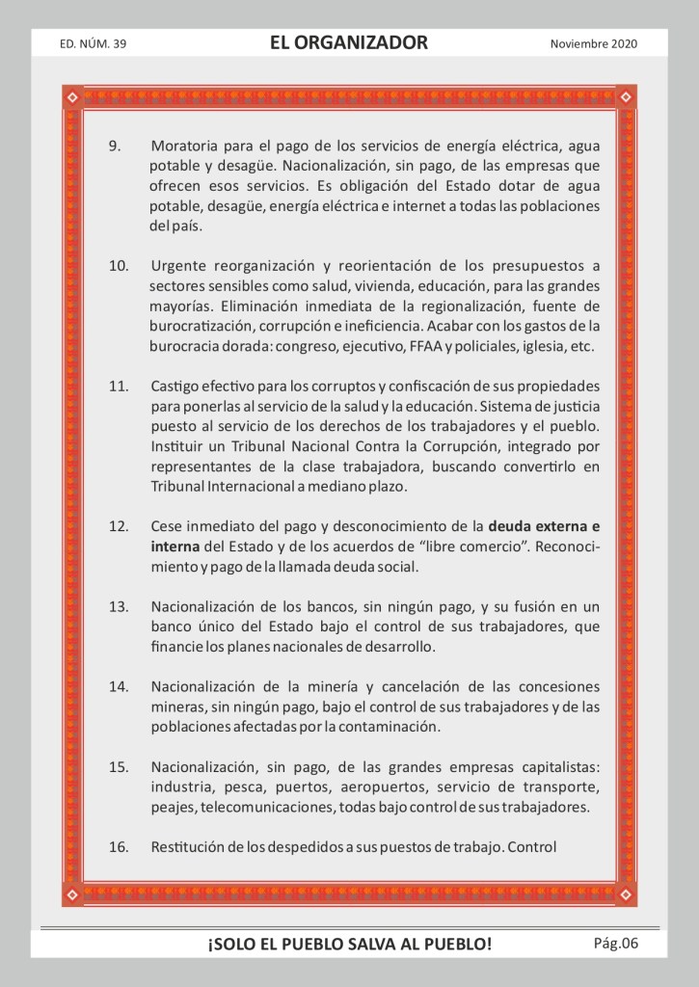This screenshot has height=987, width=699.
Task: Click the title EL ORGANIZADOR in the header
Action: click(x=349, y=43)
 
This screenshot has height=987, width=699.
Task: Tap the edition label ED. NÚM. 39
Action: click(x=93, y=44)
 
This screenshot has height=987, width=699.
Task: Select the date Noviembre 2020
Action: click(x=594, y=44)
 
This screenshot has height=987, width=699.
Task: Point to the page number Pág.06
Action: click(x=616, y=943)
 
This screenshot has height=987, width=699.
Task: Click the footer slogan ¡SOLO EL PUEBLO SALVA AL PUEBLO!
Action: click(x=349, y=945)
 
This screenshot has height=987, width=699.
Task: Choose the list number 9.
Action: click(x=114, y=147)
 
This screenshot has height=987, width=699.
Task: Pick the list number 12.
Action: click(x=119, y=527)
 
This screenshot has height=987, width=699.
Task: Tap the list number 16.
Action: click(x=119, y=847)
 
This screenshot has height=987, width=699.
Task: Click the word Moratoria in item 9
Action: click(x=184, y=147)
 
